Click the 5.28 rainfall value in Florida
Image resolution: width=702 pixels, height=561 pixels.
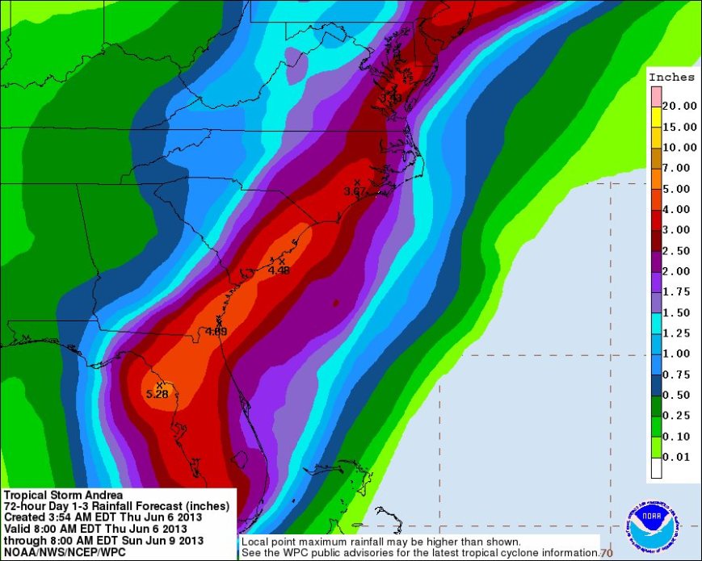157,393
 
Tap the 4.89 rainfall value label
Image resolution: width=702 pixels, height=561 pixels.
216,332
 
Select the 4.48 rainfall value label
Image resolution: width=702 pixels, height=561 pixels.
279,270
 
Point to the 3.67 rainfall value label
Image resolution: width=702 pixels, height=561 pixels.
355,191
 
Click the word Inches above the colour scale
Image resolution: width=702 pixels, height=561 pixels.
671,77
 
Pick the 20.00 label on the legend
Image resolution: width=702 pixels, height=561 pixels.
680,106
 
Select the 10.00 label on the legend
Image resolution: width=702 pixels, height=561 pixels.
680,147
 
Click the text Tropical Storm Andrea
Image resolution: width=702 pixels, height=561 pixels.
64,495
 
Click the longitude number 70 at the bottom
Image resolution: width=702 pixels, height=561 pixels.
606,553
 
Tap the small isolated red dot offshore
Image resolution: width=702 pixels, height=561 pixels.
335,303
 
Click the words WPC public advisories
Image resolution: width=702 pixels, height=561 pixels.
323,552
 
